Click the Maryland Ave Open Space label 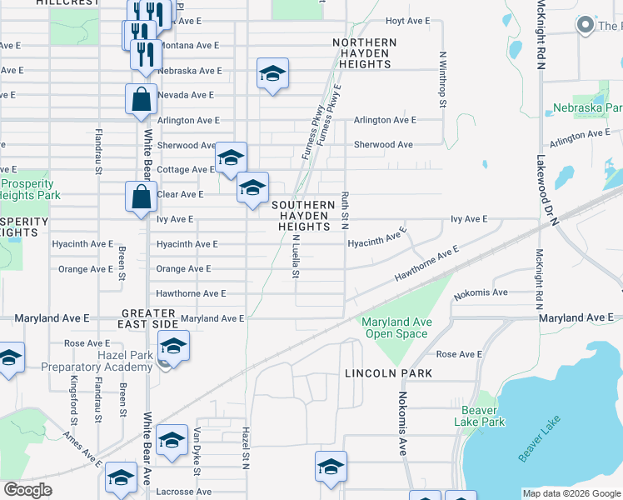click(x=396, y=327)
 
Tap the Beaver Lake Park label click(x=479, y=416)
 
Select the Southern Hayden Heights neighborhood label click(x=302, y=215)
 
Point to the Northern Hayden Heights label click(x=364, y=52)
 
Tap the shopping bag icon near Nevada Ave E click(x=141, y=99)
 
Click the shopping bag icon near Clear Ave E click(x=141, y=197)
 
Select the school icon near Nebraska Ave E click(x=272, y=73)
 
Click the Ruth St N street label click(x=344, y=212)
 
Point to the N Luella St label click(x=296, y=256)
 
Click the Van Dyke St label click(x=197, y=452)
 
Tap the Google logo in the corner click(x=27, y=490)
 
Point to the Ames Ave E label click(x=82, y=450)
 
